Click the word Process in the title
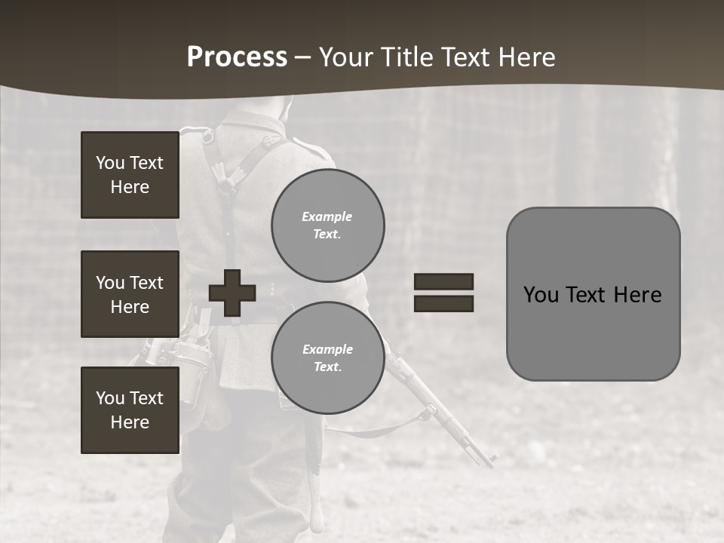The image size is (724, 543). point(237,57)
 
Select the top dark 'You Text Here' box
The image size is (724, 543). point(130,175)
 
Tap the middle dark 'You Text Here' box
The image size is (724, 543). point(130,294)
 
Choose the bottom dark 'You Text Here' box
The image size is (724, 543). point(130,410)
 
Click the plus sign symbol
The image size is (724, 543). point(232,293)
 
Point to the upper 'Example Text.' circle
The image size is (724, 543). point(327,225)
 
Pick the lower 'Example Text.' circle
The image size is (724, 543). point(327,357)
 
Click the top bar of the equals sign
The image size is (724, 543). point(443,281)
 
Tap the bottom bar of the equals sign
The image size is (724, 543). point(443,303)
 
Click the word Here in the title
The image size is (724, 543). point(526,57)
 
